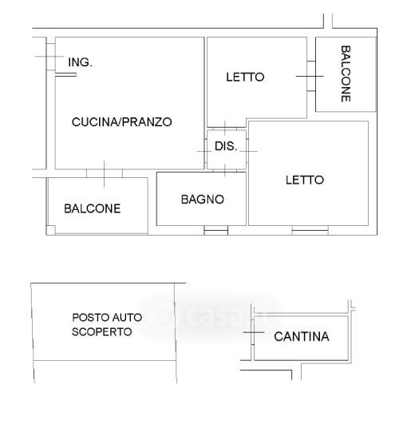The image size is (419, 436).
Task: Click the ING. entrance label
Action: point(80,62)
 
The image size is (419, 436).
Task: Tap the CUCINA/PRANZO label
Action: point(121,122)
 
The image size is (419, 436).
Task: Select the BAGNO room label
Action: point(202,199)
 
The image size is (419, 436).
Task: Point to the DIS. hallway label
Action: point(226,146)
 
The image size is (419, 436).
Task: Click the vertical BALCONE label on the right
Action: point(346,73)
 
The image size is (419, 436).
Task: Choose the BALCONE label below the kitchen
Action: point(93,208)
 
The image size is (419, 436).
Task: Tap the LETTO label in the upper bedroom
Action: point(245,77)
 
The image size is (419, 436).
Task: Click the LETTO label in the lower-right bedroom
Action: point(305,180)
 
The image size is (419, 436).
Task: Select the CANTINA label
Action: point(302,336)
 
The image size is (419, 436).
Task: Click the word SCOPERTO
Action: point(101,331)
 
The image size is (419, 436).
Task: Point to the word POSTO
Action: point(88,317)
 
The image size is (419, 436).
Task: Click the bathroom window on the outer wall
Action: point(216,230)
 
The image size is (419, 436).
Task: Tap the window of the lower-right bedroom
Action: point(310,230)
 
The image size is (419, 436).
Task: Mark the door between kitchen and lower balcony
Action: point(105,174)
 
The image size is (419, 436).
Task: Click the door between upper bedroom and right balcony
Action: point(311,76)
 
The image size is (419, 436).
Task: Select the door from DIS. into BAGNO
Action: point(225,170)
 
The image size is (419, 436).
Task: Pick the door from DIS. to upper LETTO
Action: point(225,129)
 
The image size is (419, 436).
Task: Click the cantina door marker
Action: point(253,332)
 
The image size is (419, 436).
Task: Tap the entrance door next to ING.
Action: point(51,57)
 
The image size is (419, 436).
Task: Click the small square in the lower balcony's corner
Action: point(50,230)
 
